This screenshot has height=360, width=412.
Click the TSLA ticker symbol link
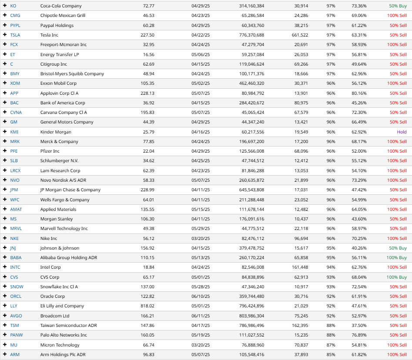tap(15, 35)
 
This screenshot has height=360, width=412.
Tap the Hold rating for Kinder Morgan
tap(402, 132)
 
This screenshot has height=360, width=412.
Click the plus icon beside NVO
tap(5, 180)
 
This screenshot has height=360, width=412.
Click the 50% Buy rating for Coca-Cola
tap(398, 6)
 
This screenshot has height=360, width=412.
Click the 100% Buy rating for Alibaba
tap(396, 258)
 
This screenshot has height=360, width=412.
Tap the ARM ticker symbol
tap(15, 354)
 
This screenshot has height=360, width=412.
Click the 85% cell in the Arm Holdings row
tap(331, 354)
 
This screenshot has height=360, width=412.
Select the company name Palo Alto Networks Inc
tap(64, 335)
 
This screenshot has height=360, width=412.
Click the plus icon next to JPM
tap(5, 190)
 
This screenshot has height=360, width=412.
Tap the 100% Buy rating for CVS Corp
tap(396, 277)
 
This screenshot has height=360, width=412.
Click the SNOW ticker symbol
tap(17, 287)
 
